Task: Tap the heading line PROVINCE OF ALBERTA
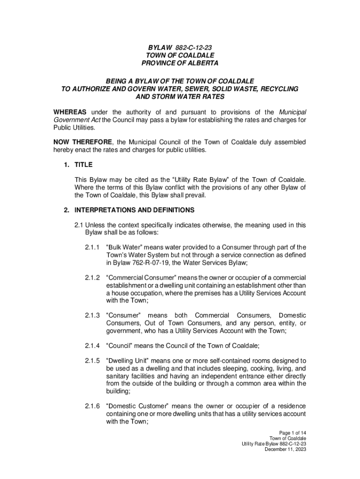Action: (180, 63)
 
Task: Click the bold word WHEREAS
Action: (70, 112)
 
